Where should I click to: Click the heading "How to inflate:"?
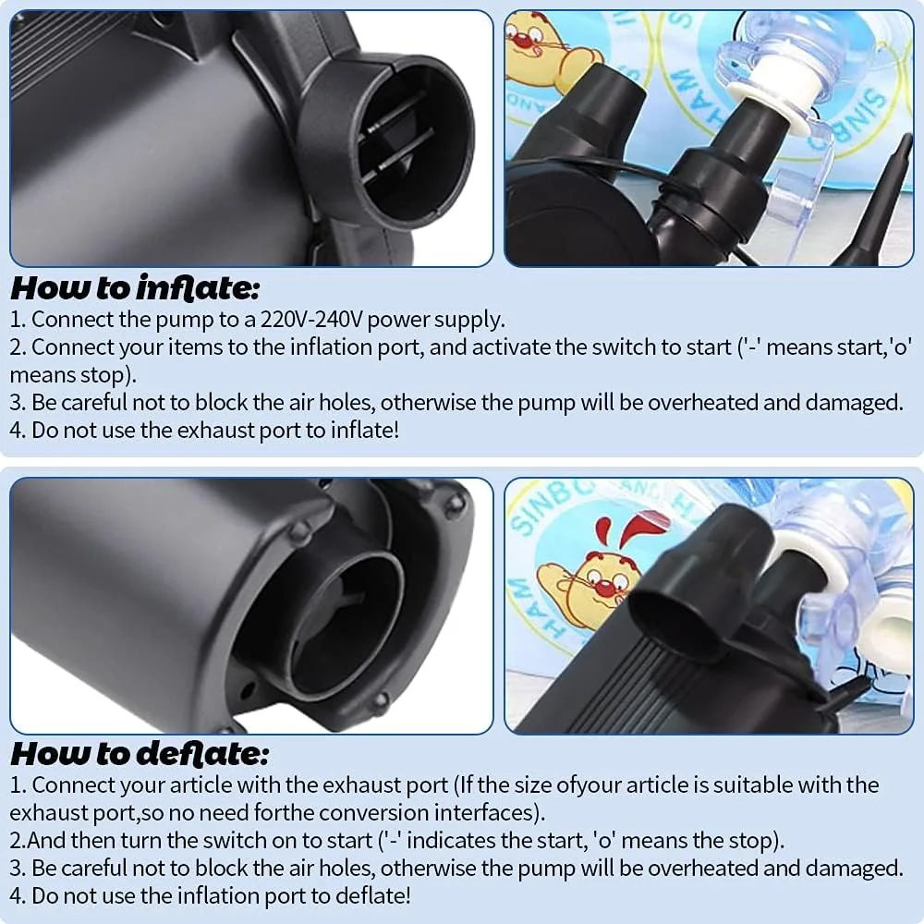135,288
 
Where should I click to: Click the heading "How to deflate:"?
140,754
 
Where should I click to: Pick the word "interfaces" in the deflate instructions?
487,812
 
